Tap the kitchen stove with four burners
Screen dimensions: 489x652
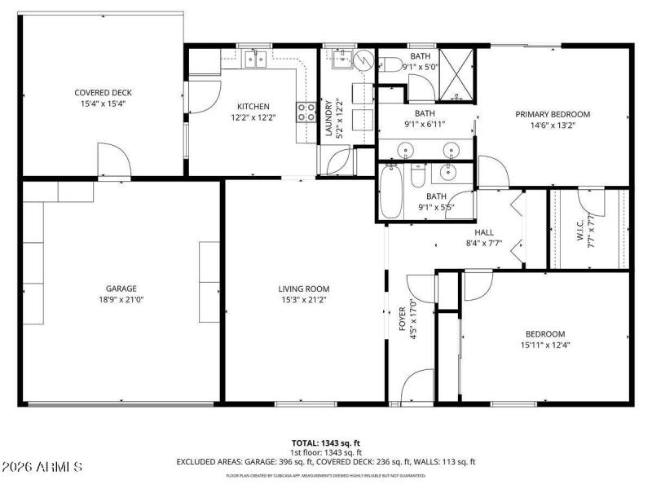click(307, 112)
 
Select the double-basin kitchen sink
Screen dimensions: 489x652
click(257, 57)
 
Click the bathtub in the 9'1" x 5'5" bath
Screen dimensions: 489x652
click(391, 192)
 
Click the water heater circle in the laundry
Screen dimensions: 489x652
click(363, 59)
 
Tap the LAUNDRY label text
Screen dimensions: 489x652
click(329, 119)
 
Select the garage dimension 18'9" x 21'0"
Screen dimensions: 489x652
click(121, 299)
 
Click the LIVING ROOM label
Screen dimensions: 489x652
click(304, 288)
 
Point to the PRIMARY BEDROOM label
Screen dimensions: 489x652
click(552, 114)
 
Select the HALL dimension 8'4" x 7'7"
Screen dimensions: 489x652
click(484, 242)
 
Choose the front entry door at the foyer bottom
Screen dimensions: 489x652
click(417, 386)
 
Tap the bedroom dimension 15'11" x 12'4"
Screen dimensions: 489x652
click(544, 345)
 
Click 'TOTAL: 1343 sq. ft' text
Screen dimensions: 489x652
click(325, 443)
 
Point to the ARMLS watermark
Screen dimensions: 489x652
click(42, 467)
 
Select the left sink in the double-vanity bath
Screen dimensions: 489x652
click(406, 149)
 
